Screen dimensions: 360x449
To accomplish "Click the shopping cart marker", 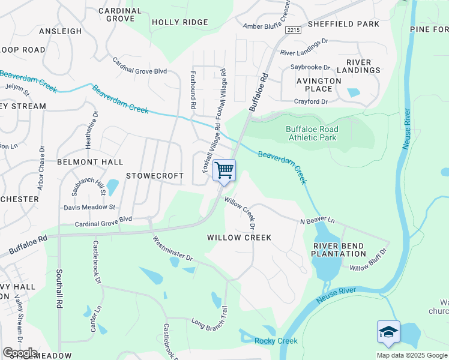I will point(224,170).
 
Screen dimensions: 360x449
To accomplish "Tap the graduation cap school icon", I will point(388,332).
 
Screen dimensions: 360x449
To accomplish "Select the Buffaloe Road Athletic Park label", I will point(312,133).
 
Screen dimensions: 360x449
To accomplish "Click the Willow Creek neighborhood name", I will point(239,238).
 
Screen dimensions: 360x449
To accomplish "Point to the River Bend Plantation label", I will point(339,249).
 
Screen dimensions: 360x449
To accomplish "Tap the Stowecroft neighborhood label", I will point(154,176).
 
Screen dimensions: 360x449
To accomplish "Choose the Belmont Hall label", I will point(90,162).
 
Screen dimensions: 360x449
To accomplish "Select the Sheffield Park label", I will point(343,24).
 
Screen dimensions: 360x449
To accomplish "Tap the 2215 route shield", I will point(293,29).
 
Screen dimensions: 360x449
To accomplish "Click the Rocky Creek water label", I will point(276,341).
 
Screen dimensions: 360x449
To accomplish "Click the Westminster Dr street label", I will point(172,250).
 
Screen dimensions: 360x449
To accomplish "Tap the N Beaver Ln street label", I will point(317,221).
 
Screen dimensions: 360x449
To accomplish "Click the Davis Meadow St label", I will point(91,207).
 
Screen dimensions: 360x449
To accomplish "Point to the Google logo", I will point(20,352).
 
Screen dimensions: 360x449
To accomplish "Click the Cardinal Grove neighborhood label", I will point(120,15).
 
